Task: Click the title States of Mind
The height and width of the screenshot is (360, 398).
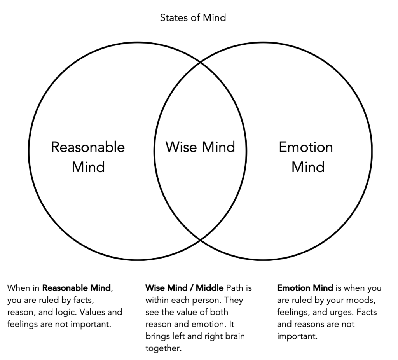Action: tap(193, 17)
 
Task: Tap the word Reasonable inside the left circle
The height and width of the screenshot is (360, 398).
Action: tap(88, 147)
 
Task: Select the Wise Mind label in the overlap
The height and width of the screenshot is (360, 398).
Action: tap(200, 147)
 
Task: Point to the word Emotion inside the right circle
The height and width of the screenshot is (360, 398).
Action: tap(306, 147)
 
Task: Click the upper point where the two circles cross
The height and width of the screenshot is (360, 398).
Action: tap(200, 61)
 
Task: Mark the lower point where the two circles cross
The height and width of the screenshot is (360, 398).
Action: tap(200, 239)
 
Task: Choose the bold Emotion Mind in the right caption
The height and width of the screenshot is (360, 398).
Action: tap(305, 288)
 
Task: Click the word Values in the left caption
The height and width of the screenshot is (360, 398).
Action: tap(98, 312)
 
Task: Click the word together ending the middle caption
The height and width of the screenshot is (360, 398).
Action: tap(163, 348)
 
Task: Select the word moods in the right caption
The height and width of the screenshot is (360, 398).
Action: tap(356, 301)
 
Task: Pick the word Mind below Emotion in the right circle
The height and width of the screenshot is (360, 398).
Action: tap(308, 167)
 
